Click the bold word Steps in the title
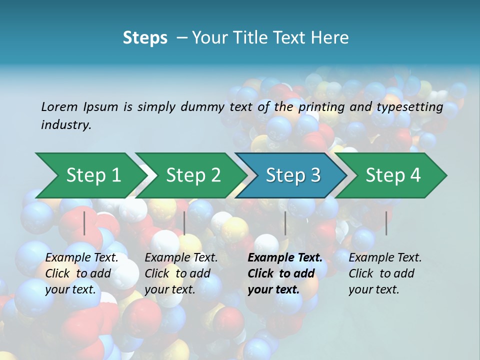[145, 38]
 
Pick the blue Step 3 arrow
[293, 175]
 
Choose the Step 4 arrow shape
[393, 175]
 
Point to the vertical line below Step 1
[84, 223]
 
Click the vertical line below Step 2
[184, 223]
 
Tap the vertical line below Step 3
[285, 223]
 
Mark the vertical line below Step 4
[386, 223]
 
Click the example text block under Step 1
[81, 273]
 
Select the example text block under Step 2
[181, 273]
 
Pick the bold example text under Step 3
[285, 273]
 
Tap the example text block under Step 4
[385, 273]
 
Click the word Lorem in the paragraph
[59, 107]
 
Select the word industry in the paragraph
[66, 125]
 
